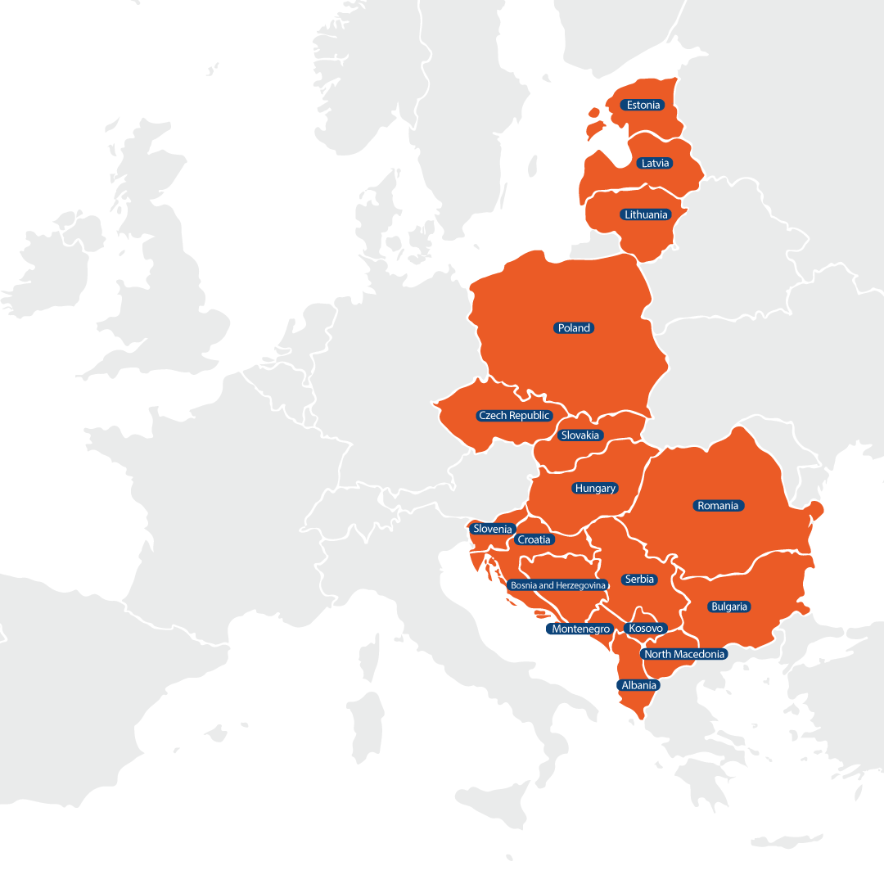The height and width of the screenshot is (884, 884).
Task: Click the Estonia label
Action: coord(643,105)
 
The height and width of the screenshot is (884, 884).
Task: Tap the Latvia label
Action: coord(655,163)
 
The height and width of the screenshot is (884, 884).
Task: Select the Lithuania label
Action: coord(646,214)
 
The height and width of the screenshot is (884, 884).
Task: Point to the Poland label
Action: coord(574,327)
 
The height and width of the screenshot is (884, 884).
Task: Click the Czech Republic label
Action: coord(515,415)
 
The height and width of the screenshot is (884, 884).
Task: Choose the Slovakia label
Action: coord(580,435)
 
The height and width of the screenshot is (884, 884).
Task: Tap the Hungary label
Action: coord(595,488)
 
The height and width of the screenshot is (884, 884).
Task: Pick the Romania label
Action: coord(718,505)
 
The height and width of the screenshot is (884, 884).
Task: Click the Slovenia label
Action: coord(493,529)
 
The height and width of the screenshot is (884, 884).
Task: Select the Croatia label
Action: coord(534,539)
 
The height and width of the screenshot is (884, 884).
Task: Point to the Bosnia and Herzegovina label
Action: coord(557,585)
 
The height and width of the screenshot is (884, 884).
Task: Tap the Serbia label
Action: coord(639,579)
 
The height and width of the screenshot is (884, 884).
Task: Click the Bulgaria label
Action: coord(728,607)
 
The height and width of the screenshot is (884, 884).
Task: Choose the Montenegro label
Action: coord(581,629)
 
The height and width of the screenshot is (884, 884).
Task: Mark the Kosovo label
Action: coord(646,628)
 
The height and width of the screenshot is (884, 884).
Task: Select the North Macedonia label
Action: coord(684,654)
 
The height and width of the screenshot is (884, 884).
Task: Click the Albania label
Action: coord(638,685)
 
